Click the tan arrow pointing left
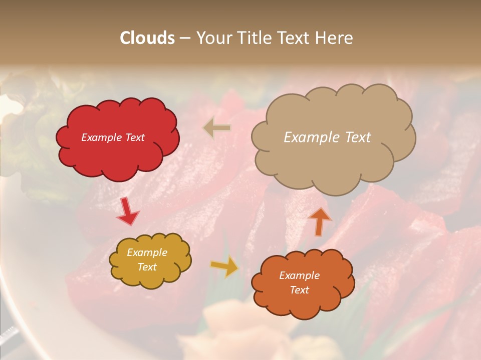coord(217,128)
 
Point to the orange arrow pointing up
coord(320,221)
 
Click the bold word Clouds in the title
coord(147,38)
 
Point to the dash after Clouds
coord(185,38)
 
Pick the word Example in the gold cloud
coord(147,252)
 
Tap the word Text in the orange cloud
coord(299,290)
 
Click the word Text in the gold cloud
coord(147,267)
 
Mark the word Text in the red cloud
coord(134,137)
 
